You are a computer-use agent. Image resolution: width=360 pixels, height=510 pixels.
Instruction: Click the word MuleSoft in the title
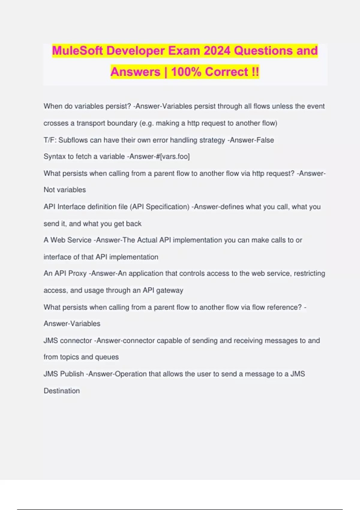(77, 51)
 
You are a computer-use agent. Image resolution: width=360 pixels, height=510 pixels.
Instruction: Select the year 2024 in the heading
(217, 51)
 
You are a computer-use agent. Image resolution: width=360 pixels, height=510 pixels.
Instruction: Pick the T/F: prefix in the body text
(50, 140)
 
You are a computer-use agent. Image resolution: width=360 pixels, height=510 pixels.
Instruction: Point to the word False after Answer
(263, 140)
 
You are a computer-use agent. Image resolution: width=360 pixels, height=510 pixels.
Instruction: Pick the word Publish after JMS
(72, 374)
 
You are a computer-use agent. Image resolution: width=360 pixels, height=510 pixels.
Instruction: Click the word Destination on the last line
(62, 391)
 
